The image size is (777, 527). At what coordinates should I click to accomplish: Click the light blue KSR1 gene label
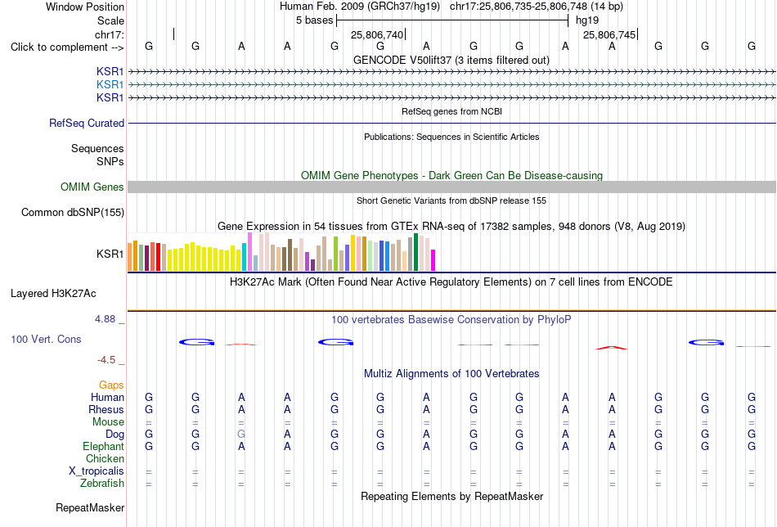[110, 85]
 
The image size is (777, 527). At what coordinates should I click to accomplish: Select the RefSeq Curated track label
[87, 123]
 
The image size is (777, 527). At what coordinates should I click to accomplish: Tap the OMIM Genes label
[92, 187]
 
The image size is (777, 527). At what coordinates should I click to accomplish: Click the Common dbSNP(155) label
[73, 212]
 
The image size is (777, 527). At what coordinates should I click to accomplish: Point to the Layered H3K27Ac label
[53, 294]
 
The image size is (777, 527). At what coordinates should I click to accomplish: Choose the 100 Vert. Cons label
[46, 339]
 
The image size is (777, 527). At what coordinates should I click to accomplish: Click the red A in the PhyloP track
[612, 348]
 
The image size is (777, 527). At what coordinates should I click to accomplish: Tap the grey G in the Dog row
[241, 435]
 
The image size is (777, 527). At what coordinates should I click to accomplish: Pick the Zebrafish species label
[102, 484]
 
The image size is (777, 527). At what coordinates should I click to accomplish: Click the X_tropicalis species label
[97, 471]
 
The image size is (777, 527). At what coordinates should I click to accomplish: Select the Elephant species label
[103, 447]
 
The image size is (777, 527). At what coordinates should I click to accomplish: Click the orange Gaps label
[111, 385]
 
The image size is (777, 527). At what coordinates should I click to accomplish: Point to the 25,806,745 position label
[609, 34]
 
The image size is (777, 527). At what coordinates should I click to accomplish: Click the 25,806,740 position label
[377, 34]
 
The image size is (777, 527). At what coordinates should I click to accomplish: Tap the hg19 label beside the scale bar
[587, 20]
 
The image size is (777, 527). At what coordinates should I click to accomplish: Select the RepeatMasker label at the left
[90, 507]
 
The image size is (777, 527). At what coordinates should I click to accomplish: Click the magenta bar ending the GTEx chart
[433, 260]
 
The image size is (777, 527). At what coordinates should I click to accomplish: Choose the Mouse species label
[108, 422]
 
